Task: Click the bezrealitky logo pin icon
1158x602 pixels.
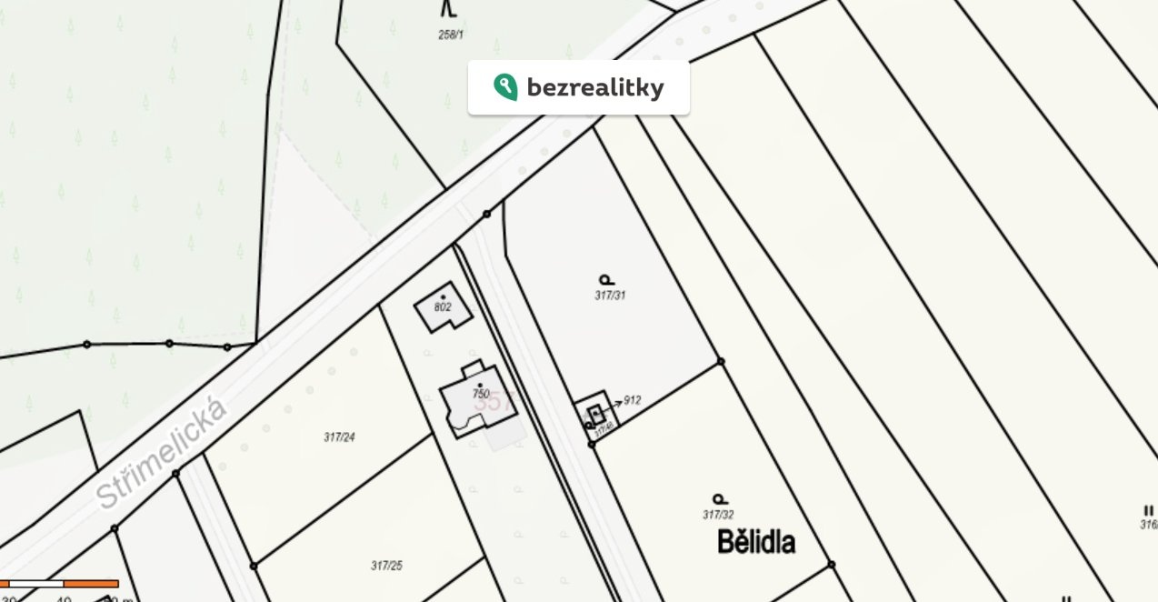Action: point(505,87)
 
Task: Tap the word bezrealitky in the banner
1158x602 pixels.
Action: point(595,88)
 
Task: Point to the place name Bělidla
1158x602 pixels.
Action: point(756,543)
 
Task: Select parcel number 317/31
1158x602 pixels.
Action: point(610,296)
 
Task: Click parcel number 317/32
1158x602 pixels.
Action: point(718,515)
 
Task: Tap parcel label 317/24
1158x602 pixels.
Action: point(339,437)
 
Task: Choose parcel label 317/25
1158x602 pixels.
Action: point(386,566)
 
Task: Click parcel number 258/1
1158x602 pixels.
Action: point(451,35)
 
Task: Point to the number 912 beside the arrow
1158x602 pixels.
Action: point(633,400)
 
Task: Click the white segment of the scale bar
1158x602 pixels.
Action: point(36,583)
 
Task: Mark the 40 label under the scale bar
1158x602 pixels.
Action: point(64,597)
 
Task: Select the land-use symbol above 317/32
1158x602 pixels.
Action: point(720,499)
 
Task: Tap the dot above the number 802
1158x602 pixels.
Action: point(444,297)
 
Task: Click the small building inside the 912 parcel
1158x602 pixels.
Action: point(595,414)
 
